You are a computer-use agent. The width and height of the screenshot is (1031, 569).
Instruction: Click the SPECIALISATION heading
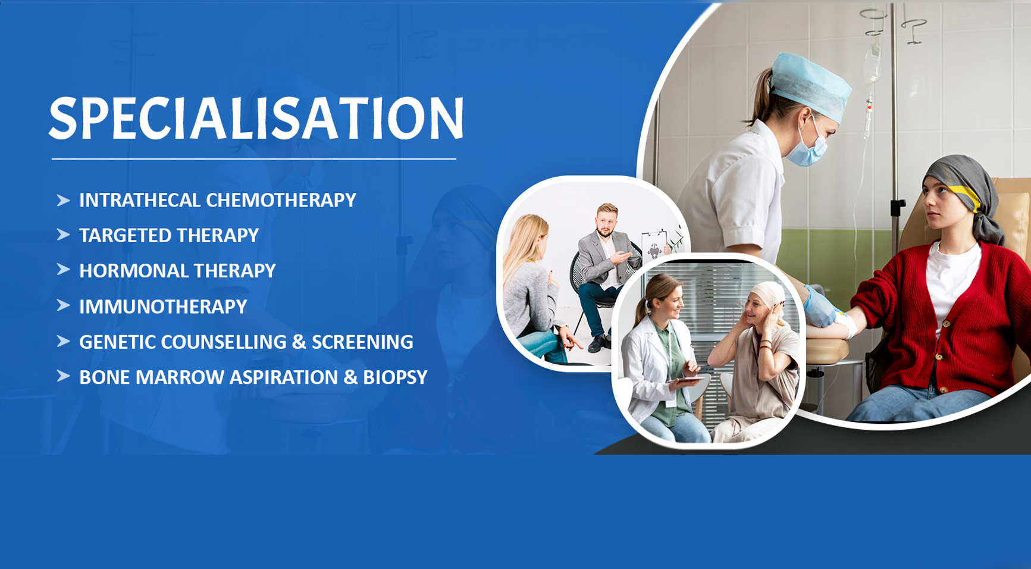click(x=256, y=118)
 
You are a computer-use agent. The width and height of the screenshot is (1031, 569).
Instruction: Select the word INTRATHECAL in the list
click(x=140, y=200)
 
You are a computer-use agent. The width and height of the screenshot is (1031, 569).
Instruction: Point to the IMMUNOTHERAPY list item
click(x=163, y=307)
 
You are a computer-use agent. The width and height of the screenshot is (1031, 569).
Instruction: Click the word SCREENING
click(x=362, y=342)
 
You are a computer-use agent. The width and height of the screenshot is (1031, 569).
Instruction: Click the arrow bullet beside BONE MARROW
click(x=63, y=376)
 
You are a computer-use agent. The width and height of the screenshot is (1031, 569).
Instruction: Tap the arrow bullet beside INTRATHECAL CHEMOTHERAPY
click(x=63, y=200)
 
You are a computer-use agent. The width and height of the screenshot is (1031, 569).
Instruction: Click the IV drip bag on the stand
click(x=872, y=60)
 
